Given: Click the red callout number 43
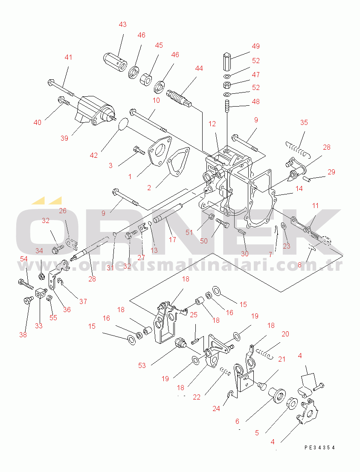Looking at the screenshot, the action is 122,24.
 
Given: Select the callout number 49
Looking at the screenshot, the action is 256,46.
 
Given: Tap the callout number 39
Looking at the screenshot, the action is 64,138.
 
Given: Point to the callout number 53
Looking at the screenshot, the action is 142,365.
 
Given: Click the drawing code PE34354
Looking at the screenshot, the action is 319,448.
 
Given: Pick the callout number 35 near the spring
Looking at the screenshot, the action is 304,122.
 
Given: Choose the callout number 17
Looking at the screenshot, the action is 172,240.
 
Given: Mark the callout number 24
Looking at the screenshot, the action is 216,408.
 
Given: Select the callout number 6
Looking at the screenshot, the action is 238,421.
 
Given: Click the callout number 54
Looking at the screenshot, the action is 24,259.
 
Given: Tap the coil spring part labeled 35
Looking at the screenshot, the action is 298,150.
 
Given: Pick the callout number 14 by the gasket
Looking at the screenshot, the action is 299,188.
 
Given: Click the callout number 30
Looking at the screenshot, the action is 244,254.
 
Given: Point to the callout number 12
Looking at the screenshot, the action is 212,124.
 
